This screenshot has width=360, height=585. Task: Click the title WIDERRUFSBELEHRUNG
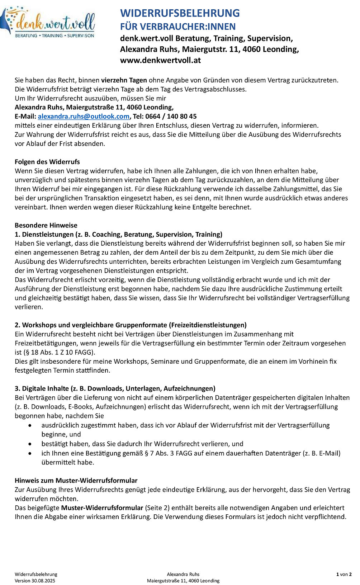point(180,13)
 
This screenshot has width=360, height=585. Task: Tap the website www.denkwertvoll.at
point(160,60)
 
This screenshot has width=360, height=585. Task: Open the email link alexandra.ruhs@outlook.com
point(84,117)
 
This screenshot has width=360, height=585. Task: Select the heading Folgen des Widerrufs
point(47,162)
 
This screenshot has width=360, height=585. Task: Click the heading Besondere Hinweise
point(46,225)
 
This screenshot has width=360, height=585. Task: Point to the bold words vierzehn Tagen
point(124,80)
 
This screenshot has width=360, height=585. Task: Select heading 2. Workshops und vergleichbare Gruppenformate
point(131,325)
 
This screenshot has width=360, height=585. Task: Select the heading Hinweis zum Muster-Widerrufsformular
point(76,481)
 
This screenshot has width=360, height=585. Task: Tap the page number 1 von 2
point(344,575)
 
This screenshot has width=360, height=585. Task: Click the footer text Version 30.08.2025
point(35,581)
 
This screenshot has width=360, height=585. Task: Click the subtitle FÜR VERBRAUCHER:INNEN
point(178,27)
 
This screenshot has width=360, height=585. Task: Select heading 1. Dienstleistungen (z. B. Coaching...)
point(118,235)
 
